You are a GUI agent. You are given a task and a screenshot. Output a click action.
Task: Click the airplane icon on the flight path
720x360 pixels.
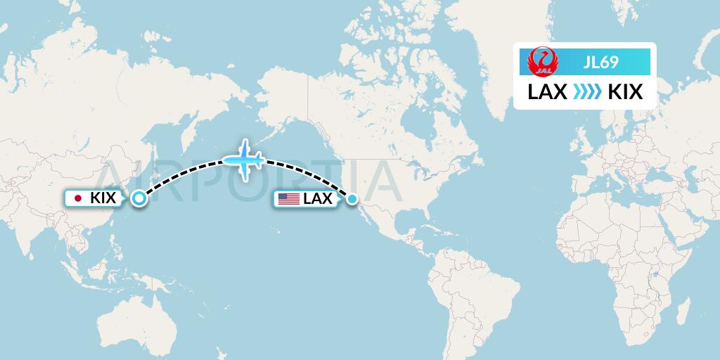[244, 160]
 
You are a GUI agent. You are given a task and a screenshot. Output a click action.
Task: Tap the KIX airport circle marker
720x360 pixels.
[139, 199]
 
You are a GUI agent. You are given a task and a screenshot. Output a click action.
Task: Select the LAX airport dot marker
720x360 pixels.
[352, 199]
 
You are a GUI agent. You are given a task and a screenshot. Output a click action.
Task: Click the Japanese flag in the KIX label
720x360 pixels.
[78, 199]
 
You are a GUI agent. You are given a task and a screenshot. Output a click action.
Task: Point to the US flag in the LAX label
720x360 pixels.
[288, 199]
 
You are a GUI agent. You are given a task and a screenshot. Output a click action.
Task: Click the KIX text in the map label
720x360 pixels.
[103, 199]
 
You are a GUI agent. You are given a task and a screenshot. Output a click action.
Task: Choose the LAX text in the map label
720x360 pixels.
[318, 199]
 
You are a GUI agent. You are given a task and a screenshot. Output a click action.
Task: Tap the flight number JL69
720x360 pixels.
[601, 63]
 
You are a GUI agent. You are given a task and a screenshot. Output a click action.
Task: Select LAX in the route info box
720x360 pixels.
[547, 92]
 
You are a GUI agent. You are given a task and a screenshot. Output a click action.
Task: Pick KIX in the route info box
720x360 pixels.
[624, 92]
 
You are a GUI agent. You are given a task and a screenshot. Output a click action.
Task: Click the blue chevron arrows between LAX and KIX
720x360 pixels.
[586, 92]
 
